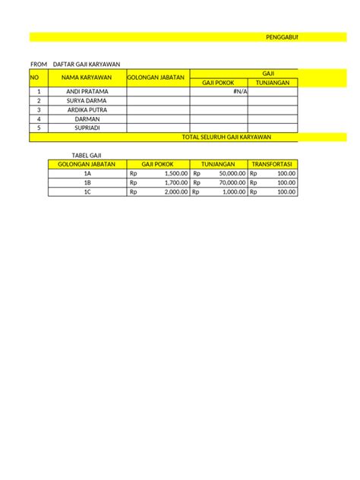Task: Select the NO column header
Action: point(34,77)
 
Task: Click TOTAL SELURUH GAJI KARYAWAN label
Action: point(227,137)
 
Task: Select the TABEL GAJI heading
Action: point(75,155)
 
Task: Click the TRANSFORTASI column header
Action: point(273,164)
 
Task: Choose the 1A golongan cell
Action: point(87,173)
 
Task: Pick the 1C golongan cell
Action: point(87,191)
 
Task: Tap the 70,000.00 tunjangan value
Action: point(229,182)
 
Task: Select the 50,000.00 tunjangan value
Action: point(229,173)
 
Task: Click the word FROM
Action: point(38,64)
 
